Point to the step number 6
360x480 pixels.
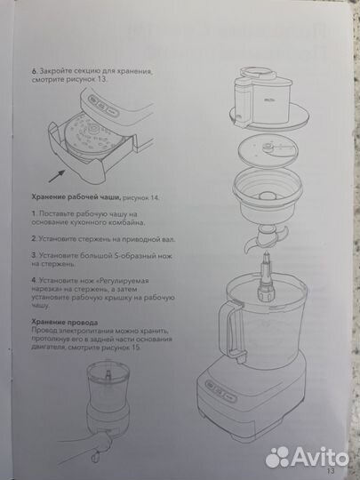pos(33,69)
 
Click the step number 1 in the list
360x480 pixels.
pos(33,214)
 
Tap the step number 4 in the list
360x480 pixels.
pos(33,280)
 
